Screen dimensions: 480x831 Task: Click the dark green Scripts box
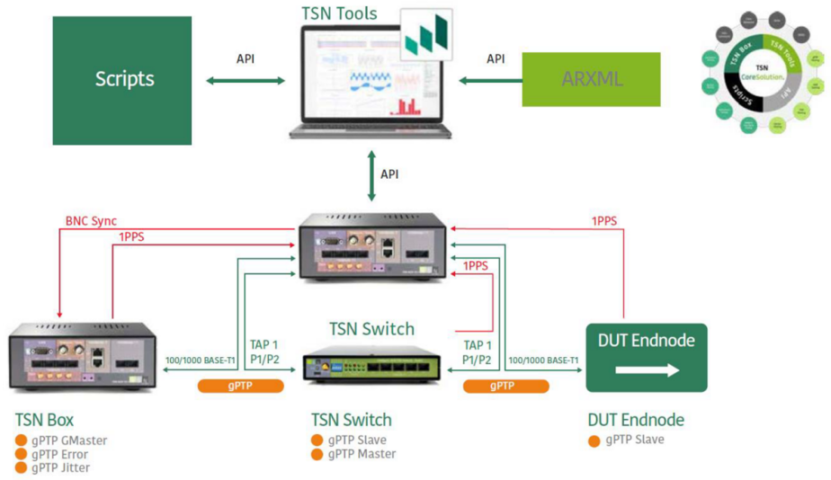(x=122, y=80)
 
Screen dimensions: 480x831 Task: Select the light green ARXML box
(x=591, y=80)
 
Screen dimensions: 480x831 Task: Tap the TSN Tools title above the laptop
(x=340, y=13)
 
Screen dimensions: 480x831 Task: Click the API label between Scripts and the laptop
(x=246, y=58)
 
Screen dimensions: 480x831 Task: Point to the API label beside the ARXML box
(x=496, y=58)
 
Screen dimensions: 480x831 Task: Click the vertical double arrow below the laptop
(x=371, y=175)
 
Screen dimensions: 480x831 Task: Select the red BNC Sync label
(x=91, y=221)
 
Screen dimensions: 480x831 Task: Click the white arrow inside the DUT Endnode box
(x=646, y=369)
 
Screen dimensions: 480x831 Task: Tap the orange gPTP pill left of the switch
(x=240, y=386)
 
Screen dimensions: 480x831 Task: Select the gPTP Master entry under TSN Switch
(x=362, y=454)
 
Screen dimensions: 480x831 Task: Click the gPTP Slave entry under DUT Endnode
(x=634, y=440)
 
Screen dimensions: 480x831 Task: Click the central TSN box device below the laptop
(x=372, y=247)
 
